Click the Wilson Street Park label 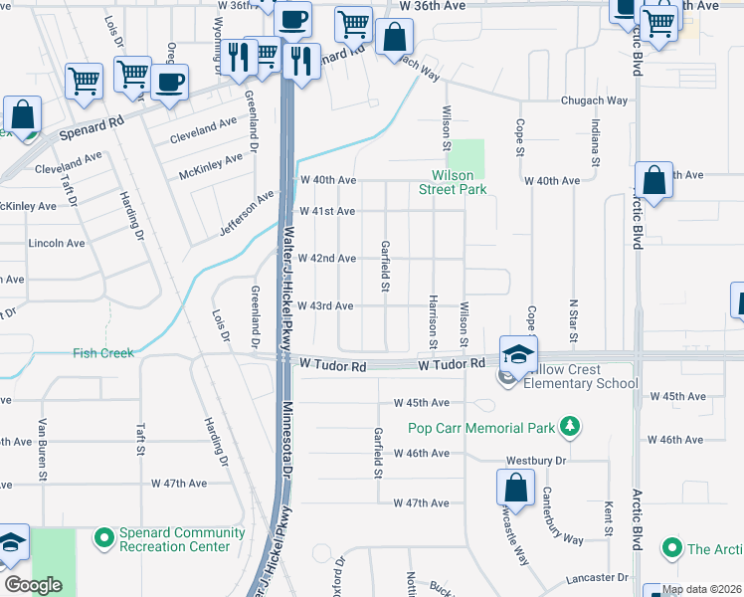(453, 181)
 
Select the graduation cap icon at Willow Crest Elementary (518, 354)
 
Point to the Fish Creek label (102, 352)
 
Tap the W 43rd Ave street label (327, 305)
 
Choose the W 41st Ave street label (327, 211)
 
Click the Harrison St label (433, 321)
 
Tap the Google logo (33, 585)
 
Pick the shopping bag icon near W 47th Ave (515, 489)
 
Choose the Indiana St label (596, 141)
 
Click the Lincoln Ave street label (57, 243)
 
